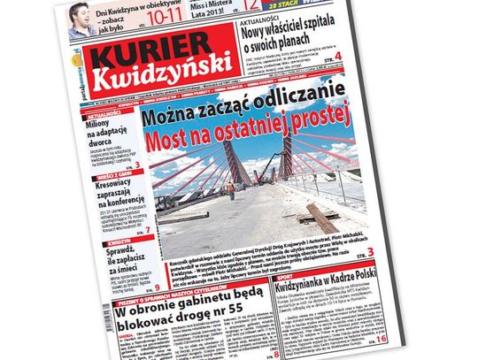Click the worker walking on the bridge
(229, 190)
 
